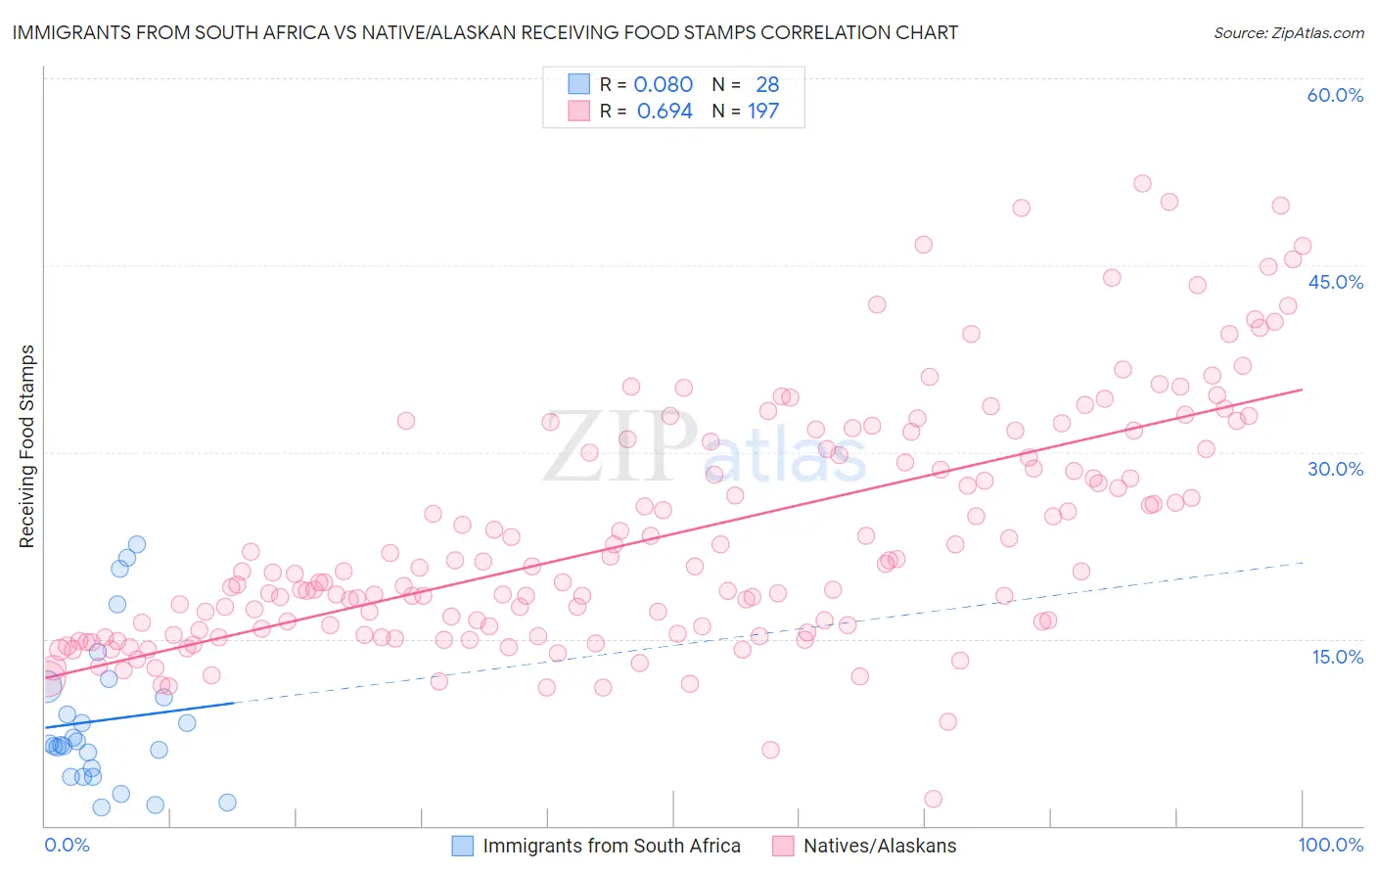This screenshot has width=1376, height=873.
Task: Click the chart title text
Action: (x=485, y=32)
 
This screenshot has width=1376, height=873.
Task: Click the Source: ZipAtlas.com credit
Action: (x=1288, y=32)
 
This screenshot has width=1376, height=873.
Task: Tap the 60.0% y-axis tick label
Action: (x=1335, y=95)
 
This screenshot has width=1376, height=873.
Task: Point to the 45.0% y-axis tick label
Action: (x=1335, y=282)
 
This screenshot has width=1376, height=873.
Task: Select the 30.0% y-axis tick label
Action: (x=1335, y=469)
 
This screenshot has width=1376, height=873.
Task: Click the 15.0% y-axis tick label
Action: (x=1337, y=656)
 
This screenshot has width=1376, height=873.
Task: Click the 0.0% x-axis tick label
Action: (x=67, y=845)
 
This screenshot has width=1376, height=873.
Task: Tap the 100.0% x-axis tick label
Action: (x=1330, y=845)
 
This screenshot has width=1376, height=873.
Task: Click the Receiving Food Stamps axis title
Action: (x=27, y=446)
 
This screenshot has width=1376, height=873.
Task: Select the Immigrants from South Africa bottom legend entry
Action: (x=596, y=846)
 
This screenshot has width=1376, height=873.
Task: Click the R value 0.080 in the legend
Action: (x=663, y=85)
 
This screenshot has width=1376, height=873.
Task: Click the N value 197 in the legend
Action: (x=763, y=112)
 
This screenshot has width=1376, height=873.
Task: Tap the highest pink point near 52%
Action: (x=1142, y=183)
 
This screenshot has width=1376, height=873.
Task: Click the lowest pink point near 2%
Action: (x=933, y=799)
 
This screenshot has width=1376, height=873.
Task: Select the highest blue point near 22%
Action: (x=137, y=544)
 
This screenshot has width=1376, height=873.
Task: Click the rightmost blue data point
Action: (x=227, y=803)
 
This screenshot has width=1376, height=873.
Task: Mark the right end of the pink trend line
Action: (x=1302, y=390)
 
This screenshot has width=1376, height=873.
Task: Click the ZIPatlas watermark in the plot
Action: (x=705, y=448)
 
